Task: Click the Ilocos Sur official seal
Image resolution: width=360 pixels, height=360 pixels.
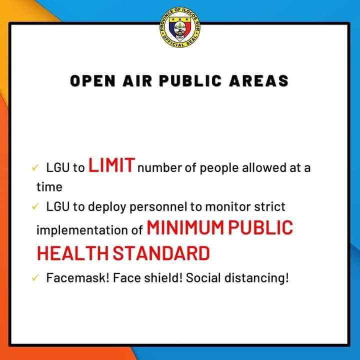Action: coord(180,27)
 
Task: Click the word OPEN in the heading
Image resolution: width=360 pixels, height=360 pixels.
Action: coord(92,81)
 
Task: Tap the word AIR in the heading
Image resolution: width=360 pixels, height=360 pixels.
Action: coord(137,81)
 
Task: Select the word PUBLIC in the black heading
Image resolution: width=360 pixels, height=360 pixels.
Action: coord(190,81)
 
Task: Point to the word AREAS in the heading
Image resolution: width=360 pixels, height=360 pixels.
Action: coord(259,81)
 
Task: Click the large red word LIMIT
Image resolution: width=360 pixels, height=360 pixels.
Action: coord(111,165)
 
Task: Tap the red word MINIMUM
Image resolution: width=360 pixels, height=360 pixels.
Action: coord(185,227)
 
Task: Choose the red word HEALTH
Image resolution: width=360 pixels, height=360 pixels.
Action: coord(72,253)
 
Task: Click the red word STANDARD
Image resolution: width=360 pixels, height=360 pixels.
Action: coord(161,253)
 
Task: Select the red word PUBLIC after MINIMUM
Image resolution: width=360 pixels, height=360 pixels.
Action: coord(260,227)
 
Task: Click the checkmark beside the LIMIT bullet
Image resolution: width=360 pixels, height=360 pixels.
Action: coord(35,167)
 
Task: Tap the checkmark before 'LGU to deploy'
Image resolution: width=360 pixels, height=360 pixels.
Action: coord(35,206)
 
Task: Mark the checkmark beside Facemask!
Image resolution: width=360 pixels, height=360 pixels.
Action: coord(35,278)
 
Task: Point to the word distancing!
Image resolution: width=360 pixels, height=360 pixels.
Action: coord(256,278)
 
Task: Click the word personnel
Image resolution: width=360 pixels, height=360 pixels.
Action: coord(158,207)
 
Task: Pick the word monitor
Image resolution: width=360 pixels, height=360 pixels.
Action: coord(228,207)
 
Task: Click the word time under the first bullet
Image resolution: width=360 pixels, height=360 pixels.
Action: coord(49,187)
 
